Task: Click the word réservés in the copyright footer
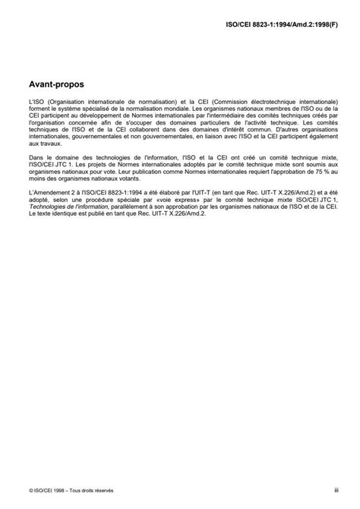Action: (110, 492)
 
